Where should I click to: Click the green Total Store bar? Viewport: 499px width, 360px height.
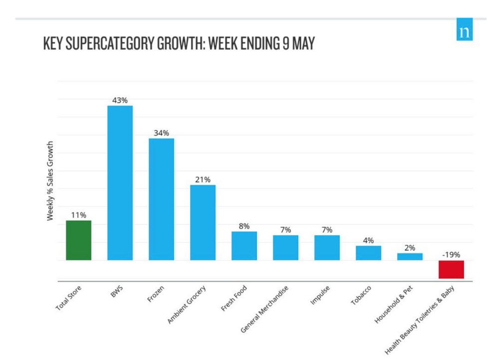pyautogui.click(x=79, y=240)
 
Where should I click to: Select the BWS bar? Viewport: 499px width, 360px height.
pyautogui.click(x=120, y=182)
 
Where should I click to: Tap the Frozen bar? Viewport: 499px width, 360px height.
pyautogui.click(x=161, y=199)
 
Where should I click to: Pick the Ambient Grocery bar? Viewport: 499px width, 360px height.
pyautogui.click(x=203, y=222)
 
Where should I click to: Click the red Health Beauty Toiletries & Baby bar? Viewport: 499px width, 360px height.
pyautogui.click(x=451, y=269)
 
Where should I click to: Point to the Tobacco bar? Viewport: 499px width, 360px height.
pyautogui.click(x=368, y=253)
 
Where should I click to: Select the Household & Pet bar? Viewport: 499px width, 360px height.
pyautogui.click(x=410, y=256)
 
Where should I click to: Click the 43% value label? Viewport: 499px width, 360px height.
pyautogui.click(x=120, y=100)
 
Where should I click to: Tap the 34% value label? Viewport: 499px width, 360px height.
pyautogui.click(x=161, y=133)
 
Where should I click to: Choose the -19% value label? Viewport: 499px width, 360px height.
pyautogui.click(x=451, y=255)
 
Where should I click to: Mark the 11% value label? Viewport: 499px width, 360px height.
pyautogui.click(x=79, y=215)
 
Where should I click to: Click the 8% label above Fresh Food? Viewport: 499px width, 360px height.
pyautogui.click(x=244, y=226)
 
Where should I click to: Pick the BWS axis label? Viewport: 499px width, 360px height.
pyautogui.click(x=116, y=292)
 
